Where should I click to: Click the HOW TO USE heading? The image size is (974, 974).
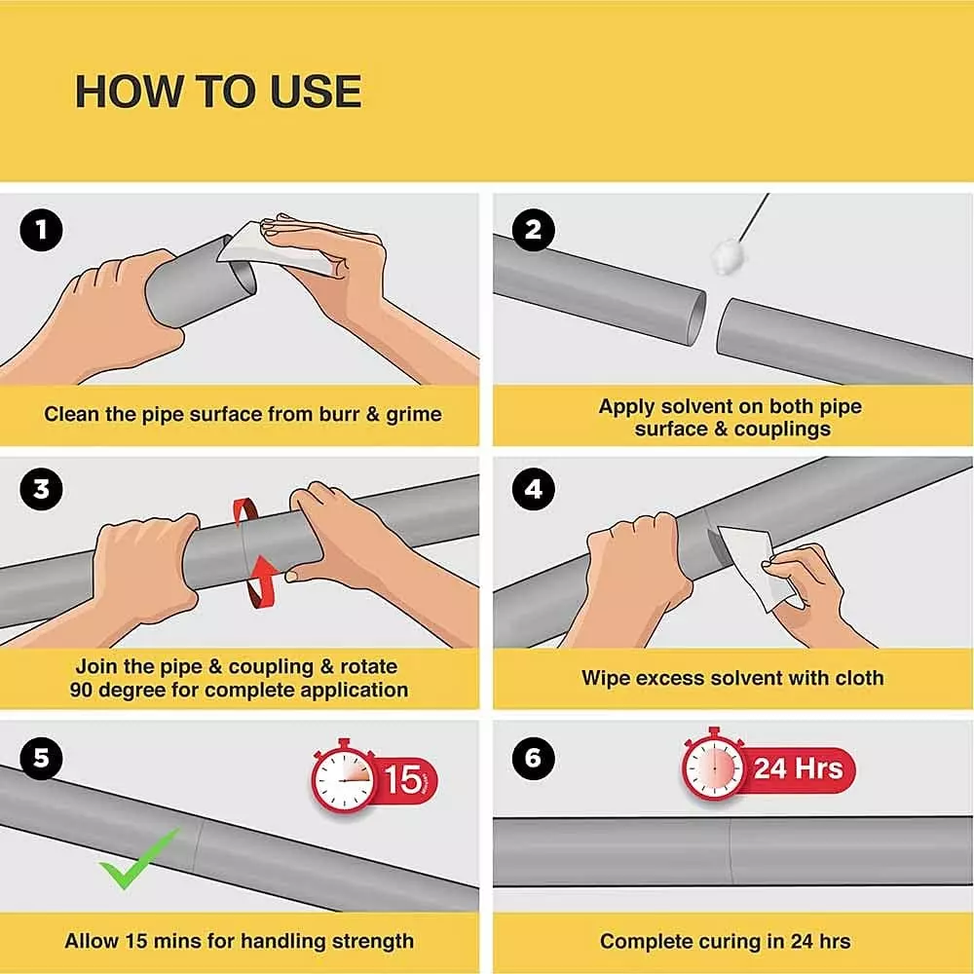tap(218, 92)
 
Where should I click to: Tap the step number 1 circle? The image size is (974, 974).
tap(41, 231)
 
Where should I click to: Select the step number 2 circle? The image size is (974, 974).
tap(533, 231)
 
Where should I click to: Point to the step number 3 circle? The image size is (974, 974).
tap(41, 490)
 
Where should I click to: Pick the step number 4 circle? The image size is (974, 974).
tap(533, 490)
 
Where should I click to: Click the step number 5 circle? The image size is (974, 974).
tap(41, 758)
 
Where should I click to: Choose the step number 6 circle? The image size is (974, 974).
tap(533, 758)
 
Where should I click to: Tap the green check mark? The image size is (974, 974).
tap(138, 858)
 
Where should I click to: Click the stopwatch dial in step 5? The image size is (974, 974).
tap(343, 779)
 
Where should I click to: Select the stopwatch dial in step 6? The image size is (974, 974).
tap(714, 768)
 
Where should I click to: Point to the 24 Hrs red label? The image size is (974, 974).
tap(799, 769)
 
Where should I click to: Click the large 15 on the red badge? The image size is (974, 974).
tap(402, 779)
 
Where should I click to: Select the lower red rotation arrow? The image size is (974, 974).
tap(261, 581)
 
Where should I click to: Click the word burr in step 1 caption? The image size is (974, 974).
tap(339, 414)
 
